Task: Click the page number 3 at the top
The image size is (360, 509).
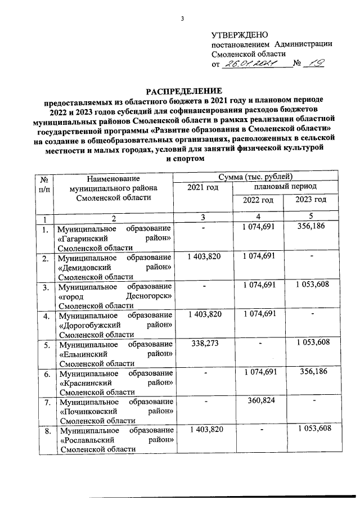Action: (x=182, y=20)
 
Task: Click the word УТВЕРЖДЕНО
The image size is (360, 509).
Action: (x=236, y=35)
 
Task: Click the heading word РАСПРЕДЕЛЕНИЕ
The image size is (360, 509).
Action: (x=181, y=91)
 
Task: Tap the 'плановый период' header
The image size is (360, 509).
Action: (x=285, y=186)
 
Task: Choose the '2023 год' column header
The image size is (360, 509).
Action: (x=311, y=200)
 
